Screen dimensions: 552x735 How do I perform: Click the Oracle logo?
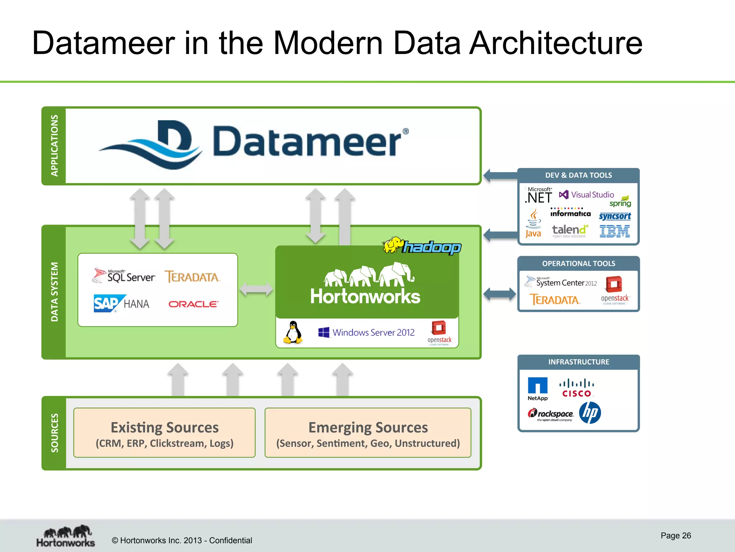pos(193,304)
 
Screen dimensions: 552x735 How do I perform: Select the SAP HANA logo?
pos(121,304)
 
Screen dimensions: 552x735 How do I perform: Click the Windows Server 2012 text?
pos(373,332)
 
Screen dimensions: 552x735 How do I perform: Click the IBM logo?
pos(614,231)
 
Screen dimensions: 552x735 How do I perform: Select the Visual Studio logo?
pos(586,195)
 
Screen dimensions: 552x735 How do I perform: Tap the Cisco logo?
pos(577,388)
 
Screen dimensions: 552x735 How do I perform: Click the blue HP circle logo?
pos(590,413)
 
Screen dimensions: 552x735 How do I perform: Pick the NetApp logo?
pos(538,388)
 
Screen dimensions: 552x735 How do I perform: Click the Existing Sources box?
pos(164,433)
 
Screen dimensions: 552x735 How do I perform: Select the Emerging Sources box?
pos(368,433)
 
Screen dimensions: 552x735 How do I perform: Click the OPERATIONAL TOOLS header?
pos(579,263)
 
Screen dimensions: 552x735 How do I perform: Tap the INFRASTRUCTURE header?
pos(579,362)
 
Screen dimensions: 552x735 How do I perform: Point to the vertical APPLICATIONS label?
pos(54,146)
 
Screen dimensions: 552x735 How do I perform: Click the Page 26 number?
pos(675,535)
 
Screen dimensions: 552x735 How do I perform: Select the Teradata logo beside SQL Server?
pos(192,277)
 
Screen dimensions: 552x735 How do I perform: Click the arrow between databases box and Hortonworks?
pos(256,289)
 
